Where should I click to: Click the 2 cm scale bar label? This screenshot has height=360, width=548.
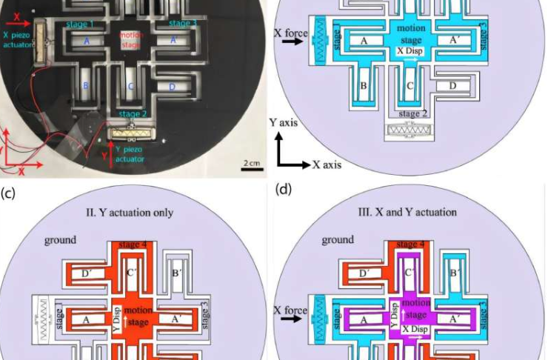252,163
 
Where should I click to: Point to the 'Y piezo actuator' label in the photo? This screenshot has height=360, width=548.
127,152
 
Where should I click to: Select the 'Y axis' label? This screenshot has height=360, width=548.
282,122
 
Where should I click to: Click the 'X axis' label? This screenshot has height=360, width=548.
327,164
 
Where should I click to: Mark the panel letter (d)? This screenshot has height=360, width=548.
283,190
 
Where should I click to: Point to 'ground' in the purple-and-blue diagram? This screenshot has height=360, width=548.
337,240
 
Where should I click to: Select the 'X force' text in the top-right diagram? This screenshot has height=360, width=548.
290,33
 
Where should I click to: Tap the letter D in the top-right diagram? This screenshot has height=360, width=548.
452,86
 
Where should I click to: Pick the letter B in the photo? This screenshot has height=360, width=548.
86,87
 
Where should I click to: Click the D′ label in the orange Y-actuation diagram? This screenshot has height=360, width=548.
86,274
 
